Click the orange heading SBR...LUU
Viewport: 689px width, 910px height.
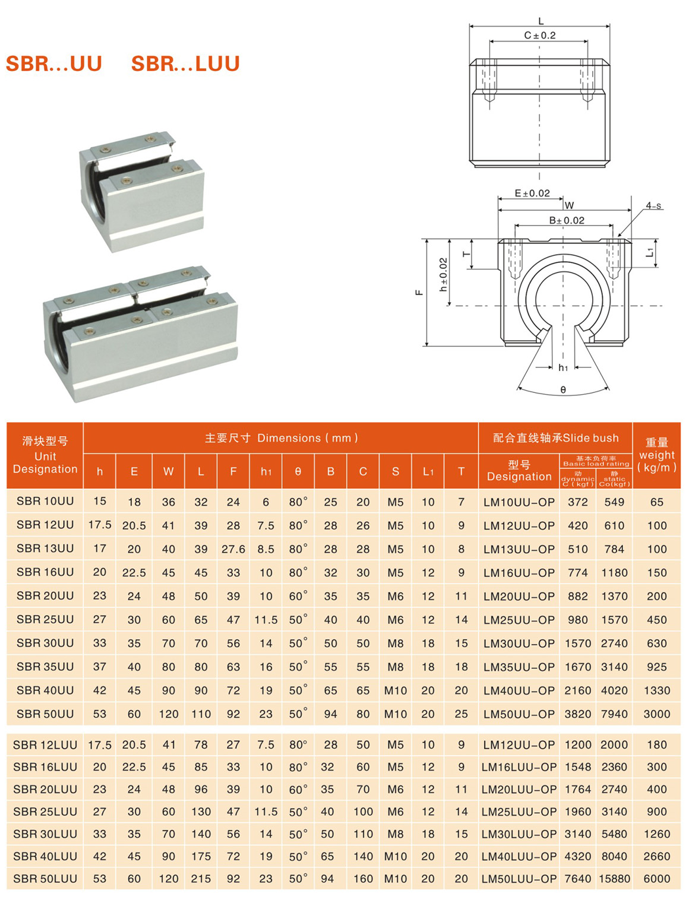point(185,64)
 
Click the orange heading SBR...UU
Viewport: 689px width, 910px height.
point(54,64)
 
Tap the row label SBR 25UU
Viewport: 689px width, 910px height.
point(45,619)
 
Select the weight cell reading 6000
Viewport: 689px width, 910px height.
point(656,879)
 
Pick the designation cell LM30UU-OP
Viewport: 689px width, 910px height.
point(519,643)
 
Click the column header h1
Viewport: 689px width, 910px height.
point(266,471)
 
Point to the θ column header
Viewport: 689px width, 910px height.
point(298,471)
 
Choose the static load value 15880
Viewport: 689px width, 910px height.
point(614,879)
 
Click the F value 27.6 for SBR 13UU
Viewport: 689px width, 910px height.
point(233,549)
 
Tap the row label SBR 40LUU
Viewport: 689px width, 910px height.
point(45,856)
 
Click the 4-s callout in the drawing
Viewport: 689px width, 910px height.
point(653,205)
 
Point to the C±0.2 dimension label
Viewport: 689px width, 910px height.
point(539,36)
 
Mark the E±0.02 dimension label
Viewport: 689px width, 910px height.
point(532,194)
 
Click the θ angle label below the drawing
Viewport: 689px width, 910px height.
point(562,390)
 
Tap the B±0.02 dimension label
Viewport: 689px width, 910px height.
point(567,220)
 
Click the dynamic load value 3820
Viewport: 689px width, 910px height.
point(577,714)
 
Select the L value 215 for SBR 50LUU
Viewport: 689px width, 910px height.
point(201,879)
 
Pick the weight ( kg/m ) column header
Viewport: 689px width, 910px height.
point(656,455)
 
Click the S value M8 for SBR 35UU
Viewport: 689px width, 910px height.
point(395,667)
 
